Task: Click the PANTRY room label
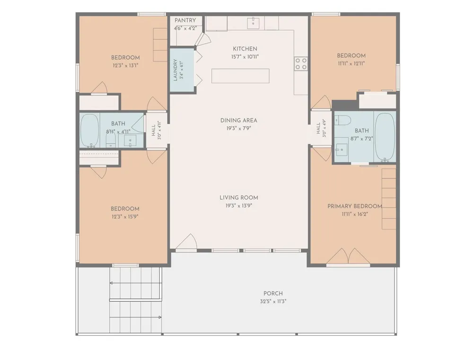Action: (x=185, y=20)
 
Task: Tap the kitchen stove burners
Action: (x=301, y=64)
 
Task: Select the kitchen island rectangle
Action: (x=240, y=76)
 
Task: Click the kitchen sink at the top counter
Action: (x=253, y=23)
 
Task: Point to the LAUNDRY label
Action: (x=175, y=70)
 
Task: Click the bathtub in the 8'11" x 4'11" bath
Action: (x=89, y=131)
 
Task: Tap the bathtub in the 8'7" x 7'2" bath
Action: (x=385, y=137)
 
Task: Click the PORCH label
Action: (x=273, y=293)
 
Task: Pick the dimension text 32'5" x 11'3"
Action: (x=273, y=301)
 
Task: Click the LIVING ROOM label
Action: (x=238, y=198)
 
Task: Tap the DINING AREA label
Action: (x=238, y=121)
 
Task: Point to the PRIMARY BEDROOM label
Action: (x=355, y=206)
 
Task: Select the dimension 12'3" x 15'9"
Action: (x=125, y=216)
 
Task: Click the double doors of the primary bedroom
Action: (x=349, y=256)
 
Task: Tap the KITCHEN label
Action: (x=245, y=49)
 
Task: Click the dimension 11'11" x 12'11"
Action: (x=351, y=63)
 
